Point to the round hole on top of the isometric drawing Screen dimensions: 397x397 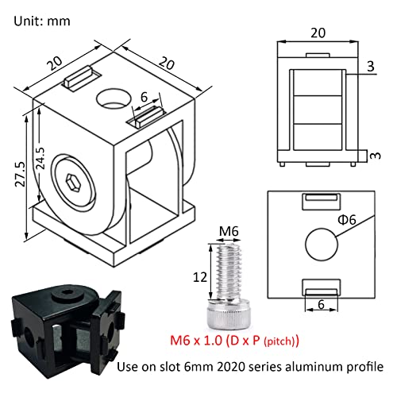coord(111,99)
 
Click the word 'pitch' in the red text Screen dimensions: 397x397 coord(278,342)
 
